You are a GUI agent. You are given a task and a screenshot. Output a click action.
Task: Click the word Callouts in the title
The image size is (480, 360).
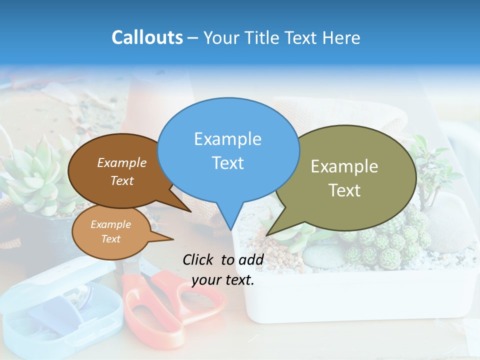click(147, 37)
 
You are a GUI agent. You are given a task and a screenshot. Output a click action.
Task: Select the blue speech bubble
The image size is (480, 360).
click(228, 150)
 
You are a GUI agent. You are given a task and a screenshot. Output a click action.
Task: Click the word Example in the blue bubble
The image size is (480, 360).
click(227, 139)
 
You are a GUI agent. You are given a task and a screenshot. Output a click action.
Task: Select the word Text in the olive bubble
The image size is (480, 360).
click(344, 190)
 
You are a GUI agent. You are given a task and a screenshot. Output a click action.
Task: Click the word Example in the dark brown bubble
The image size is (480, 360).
click(122, 162)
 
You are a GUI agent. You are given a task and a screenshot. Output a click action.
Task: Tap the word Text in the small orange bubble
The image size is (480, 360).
click(111, 239)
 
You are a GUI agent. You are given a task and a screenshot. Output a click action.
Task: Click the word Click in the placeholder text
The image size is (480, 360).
click(198, 259)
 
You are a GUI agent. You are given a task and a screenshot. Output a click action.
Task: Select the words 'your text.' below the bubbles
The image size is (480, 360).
click(223, 280)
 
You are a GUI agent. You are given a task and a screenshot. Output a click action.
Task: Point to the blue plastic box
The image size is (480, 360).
click(60, 310)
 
